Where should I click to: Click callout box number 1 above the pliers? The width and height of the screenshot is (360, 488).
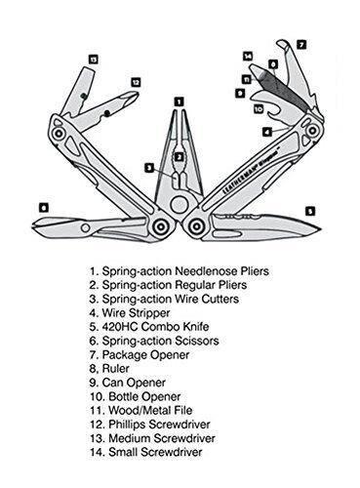coord(179,100)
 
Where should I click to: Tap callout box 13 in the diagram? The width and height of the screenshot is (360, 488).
coord(93,60)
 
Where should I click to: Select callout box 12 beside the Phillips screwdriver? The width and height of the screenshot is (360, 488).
coord(136,82)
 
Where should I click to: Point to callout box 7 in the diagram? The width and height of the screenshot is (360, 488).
coord(300,44)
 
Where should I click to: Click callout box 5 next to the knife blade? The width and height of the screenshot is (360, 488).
coord(309,209)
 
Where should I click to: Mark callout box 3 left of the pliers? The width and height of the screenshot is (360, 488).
coord(148,167)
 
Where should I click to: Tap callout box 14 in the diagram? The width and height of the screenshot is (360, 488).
coord(248,56)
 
